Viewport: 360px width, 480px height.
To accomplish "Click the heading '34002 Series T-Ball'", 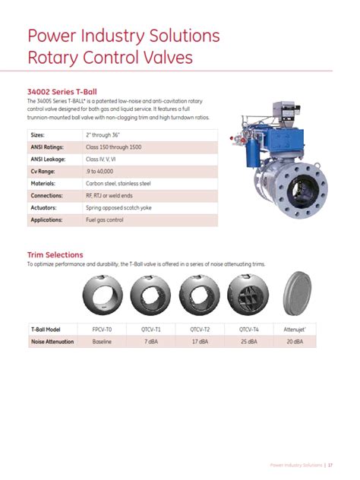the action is [62, 92].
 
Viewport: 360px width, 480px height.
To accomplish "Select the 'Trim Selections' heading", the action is [55, 254].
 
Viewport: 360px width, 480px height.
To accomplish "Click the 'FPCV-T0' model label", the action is [103, 330].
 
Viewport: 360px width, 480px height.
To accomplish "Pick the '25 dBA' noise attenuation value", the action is [248, 342].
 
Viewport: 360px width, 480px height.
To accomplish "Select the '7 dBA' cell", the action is [151, 342].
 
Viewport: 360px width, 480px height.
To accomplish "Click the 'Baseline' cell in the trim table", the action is [103, 342].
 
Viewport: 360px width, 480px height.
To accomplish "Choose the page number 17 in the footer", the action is [330, 464].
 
